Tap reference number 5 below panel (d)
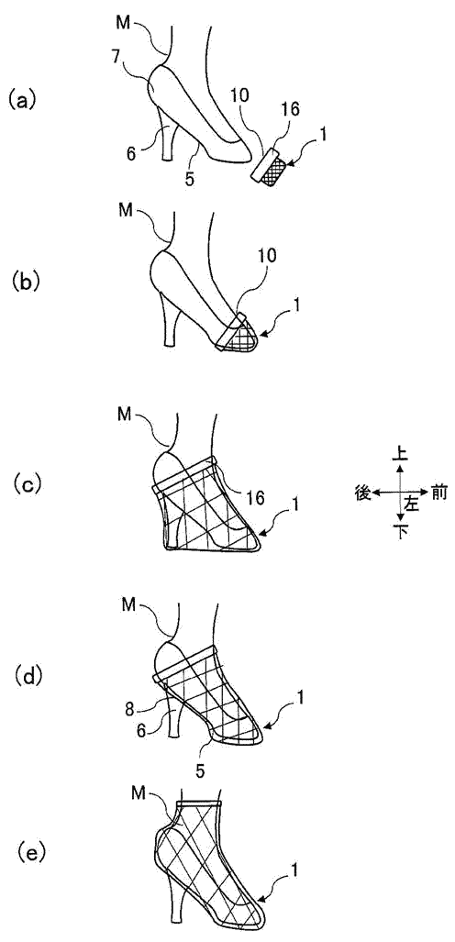[203, 768]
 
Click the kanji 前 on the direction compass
[439, 492]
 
